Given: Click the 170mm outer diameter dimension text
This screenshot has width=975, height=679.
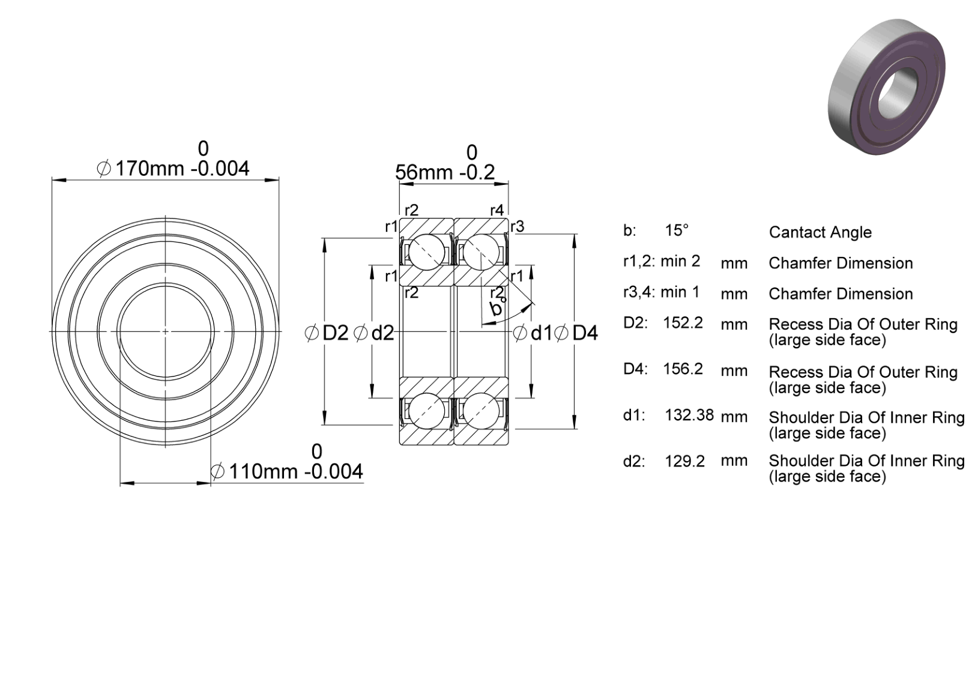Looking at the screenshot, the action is [x=174, y=169].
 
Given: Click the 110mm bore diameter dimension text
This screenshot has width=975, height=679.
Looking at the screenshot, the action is [x=286, y=471].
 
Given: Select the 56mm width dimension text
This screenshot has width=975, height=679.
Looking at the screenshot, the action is [x=445, y=172].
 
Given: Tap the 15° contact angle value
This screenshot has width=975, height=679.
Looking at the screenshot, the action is [x=677, y=231].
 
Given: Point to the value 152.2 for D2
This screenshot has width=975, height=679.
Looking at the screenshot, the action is [x=683, y=322].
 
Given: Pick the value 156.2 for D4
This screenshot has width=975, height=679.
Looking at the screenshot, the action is [x=683, y=369].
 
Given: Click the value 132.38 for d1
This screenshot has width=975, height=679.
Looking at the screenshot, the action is [x=689, y=415].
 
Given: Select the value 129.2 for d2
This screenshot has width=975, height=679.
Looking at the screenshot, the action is [x=684, y=461].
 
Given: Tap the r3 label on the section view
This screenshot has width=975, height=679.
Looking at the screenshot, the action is [x=517, y=226].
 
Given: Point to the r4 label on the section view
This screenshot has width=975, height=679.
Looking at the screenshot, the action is [x=497, y=211].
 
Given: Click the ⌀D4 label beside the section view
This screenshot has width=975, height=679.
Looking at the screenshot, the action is [x=576, y=333].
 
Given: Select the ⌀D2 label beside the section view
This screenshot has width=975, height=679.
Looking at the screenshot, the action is [x=327, y=333].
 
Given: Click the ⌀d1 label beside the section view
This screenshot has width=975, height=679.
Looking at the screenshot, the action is [x=533, y=333].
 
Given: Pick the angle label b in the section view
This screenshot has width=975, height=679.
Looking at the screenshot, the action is [x=496, y=308].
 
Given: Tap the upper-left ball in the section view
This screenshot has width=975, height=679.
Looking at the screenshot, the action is [x=427, y=252].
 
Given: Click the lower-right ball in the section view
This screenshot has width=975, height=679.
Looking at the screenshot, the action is [x=481, y=411].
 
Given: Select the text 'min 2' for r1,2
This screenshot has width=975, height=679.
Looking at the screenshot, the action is [x=680, y=261].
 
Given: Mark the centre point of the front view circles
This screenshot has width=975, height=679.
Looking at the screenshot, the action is [x=166, y=331].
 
